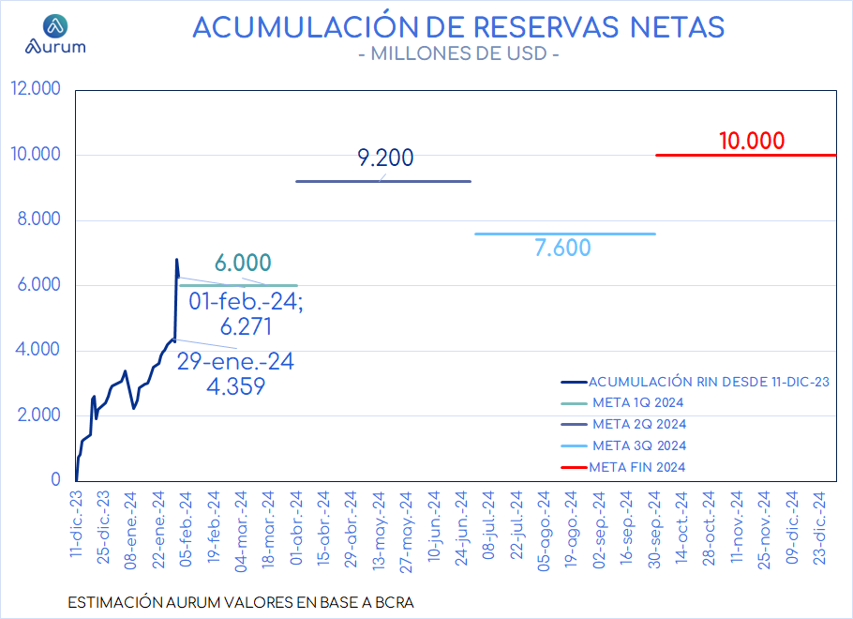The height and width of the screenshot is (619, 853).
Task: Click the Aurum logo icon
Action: pyautogui.click(x=55, y=25)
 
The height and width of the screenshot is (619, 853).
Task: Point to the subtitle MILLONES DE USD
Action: pyautogui.click(x=458, y=53)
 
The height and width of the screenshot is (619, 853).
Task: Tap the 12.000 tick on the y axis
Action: pyautogui.click(x=36, y=88)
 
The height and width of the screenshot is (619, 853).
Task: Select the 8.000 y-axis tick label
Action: pyautogui.click(x=38, y=219)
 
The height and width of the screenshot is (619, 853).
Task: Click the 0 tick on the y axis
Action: pyautogui.click(x=55, y=479)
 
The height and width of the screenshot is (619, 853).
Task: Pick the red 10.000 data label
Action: pyautogui.click(x=752, y=141)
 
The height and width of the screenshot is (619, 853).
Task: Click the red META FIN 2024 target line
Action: pyautogui.click(x=746, y=155)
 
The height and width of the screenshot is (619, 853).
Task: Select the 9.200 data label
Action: pyautogui.click(x=385, y=158)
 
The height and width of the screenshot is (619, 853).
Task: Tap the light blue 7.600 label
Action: pyautogui.click(x=562, y=248)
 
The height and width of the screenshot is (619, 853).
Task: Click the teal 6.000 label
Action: pyautogui.click(x=243, y=263)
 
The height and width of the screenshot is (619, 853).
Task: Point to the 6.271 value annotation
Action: pyautogui.click(x=246, y=326)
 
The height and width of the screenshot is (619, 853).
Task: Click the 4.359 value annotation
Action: pyautogui.click(x=235, y=386)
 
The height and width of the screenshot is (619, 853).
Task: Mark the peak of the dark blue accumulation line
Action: pyautogui.click(x=177, y=259)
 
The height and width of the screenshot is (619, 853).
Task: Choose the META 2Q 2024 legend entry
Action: pyautogui.click(x=623, y=424)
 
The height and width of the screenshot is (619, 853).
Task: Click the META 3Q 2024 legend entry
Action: pyautogui.click(x=623, y=445)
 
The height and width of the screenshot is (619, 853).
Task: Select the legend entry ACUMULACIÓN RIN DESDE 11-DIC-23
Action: pyautogui.click(x=696, y=382)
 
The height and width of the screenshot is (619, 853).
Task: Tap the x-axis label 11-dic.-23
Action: pyautogui.click(x=76, y=523)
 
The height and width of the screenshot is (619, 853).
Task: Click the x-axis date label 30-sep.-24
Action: pyautogui.click(x=654, y=530)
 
